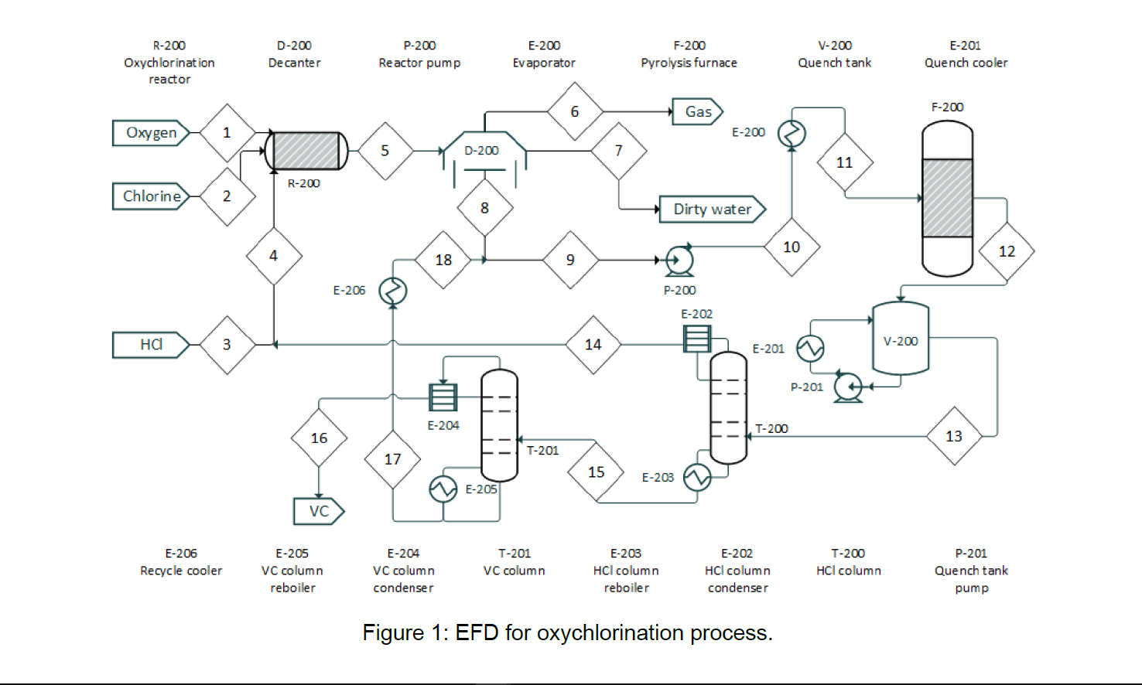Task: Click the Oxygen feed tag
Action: pyautogui.click(x=151, y=133)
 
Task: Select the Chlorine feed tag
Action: pyautogui.click(x=151, y=196)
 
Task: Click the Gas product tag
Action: pyautogui.click(x=697, y=112)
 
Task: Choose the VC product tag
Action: pyautogui.click(x=318, y=511)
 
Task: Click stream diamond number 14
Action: pyautogui.click(x=593, y=345)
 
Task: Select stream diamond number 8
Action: pyautogui.click(x=484, y=208)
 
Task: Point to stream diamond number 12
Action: pyautogui.click(x=1006, y=251)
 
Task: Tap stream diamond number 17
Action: pyautogui.click(x=392, y=459)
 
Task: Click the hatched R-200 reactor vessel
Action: pyautogui.click(x=306, y=151)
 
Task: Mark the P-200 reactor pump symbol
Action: pyautogui.click(x=679, y=261)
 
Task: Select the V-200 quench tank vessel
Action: pyautogui.click(x=901, y=339)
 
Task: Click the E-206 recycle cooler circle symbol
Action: pyautogui.click(x=393, y=291)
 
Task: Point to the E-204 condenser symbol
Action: pyautogui.click(x=443, y=397)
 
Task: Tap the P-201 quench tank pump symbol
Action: pyautogui.click(x=849, y=387)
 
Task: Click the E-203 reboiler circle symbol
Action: pyautogui.click(x=697, y=477)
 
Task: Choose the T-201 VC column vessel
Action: pyautogui.click(x=499, y=425)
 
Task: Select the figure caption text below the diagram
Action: pyautogui.click(x=567, y=632)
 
